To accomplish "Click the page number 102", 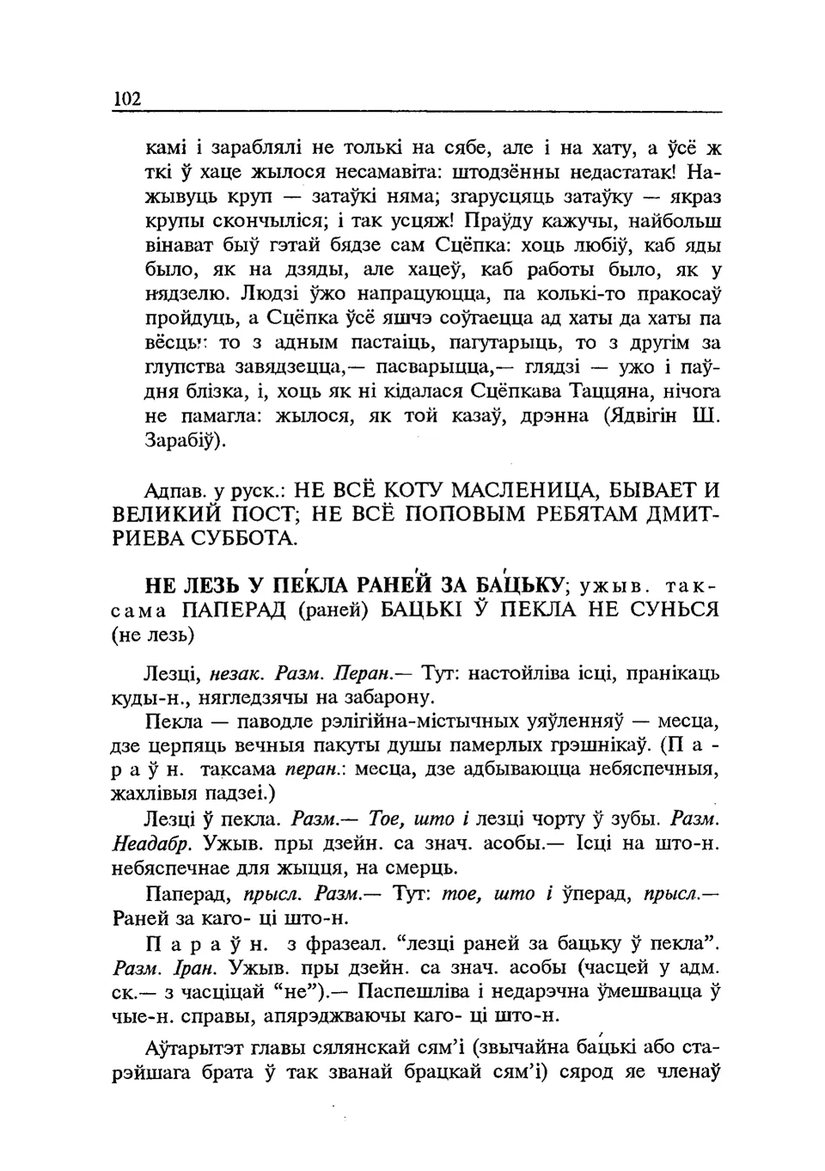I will [125, 99].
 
